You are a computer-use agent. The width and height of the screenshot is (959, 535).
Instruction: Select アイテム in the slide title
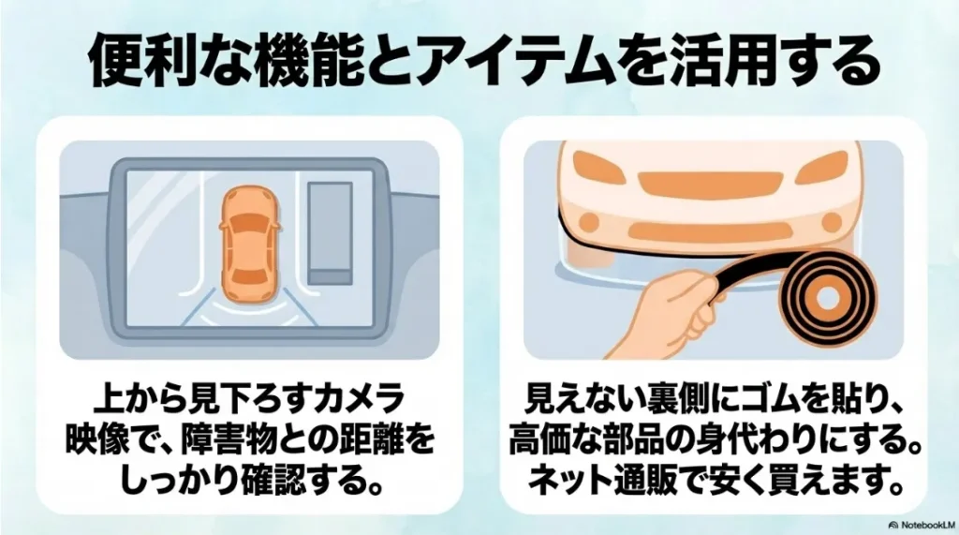pos(496,63)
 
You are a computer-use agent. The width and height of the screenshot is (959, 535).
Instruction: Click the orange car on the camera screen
pos(248,241)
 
